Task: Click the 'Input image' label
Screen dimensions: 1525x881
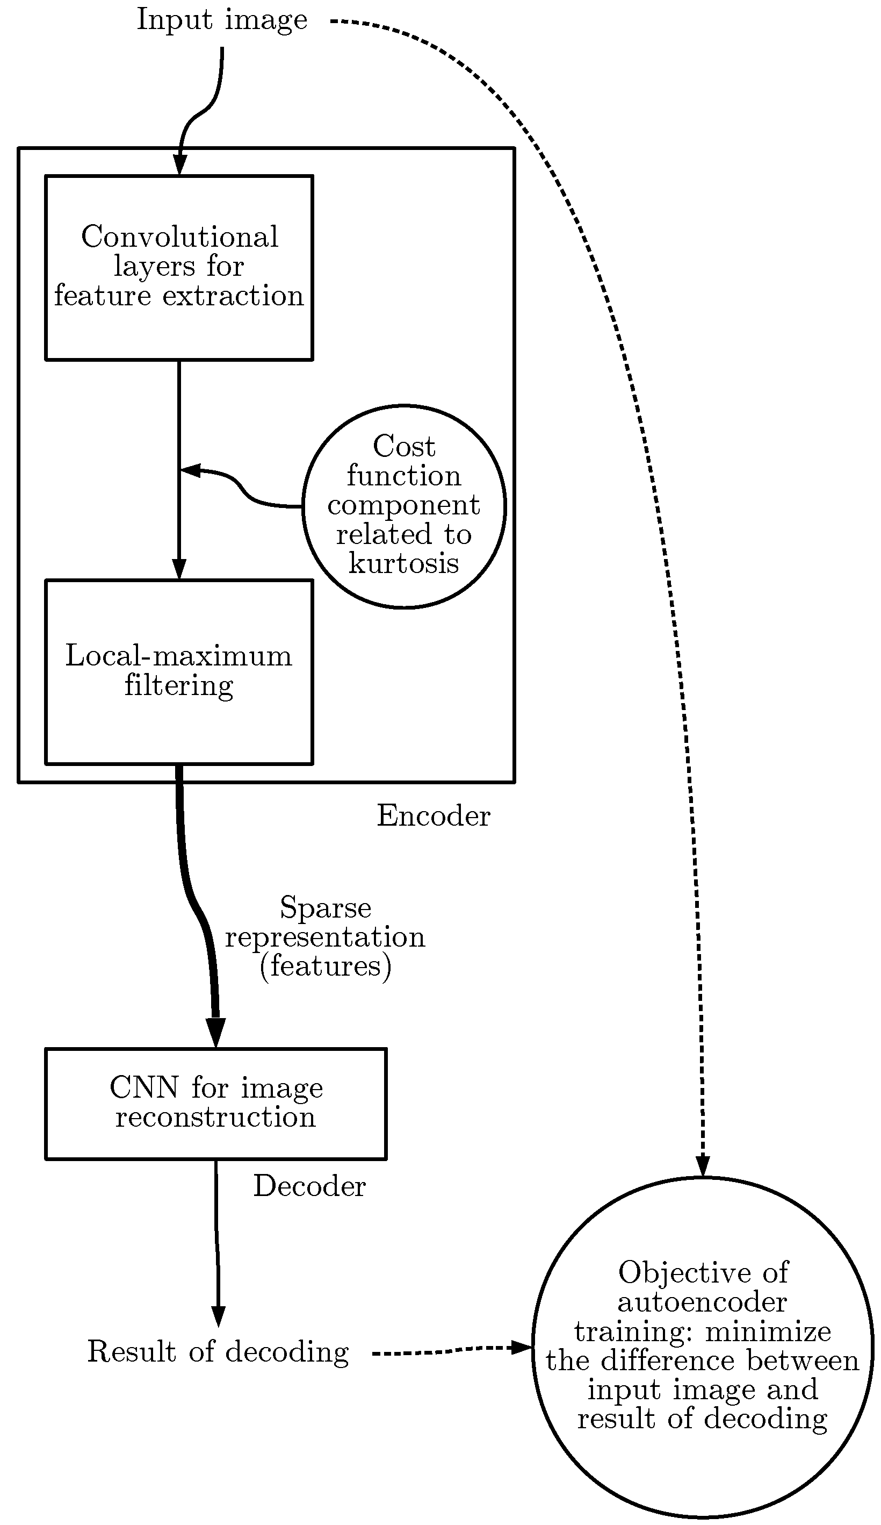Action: point(221,20)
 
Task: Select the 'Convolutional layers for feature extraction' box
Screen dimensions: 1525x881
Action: point(179,268)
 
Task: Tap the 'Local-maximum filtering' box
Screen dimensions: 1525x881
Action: point(179,672)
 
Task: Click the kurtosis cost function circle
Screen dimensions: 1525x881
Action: point(403,506)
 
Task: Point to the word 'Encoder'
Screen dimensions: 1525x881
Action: point(433,816)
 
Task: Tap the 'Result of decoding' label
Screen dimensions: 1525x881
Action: point(218,1351)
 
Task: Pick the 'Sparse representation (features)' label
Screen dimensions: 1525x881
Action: point(326,936)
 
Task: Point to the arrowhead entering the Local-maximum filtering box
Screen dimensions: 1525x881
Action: point(179,569)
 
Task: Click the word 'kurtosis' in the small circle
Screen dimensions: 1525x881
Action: point(403,563)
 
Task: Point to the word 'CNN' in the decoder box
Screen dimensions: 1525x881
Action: point(144,1087)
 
